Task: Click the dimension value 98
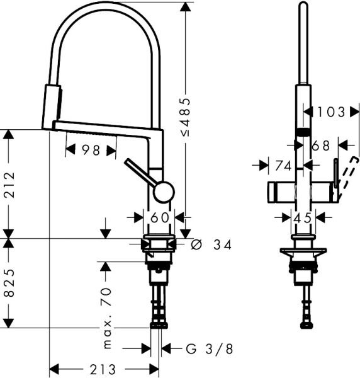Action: tap(91, 150)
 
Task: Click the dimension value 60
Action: tap(159, 217)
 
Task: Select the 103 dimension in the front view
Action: tap(331, 112)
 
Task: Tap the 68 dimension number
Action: tap(320, 146)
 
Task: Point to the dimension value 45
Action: tap(303, 217)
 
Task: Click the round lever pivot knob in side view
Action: tap(163, 192)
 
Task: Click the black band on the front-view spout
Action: tap(303, 131)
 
